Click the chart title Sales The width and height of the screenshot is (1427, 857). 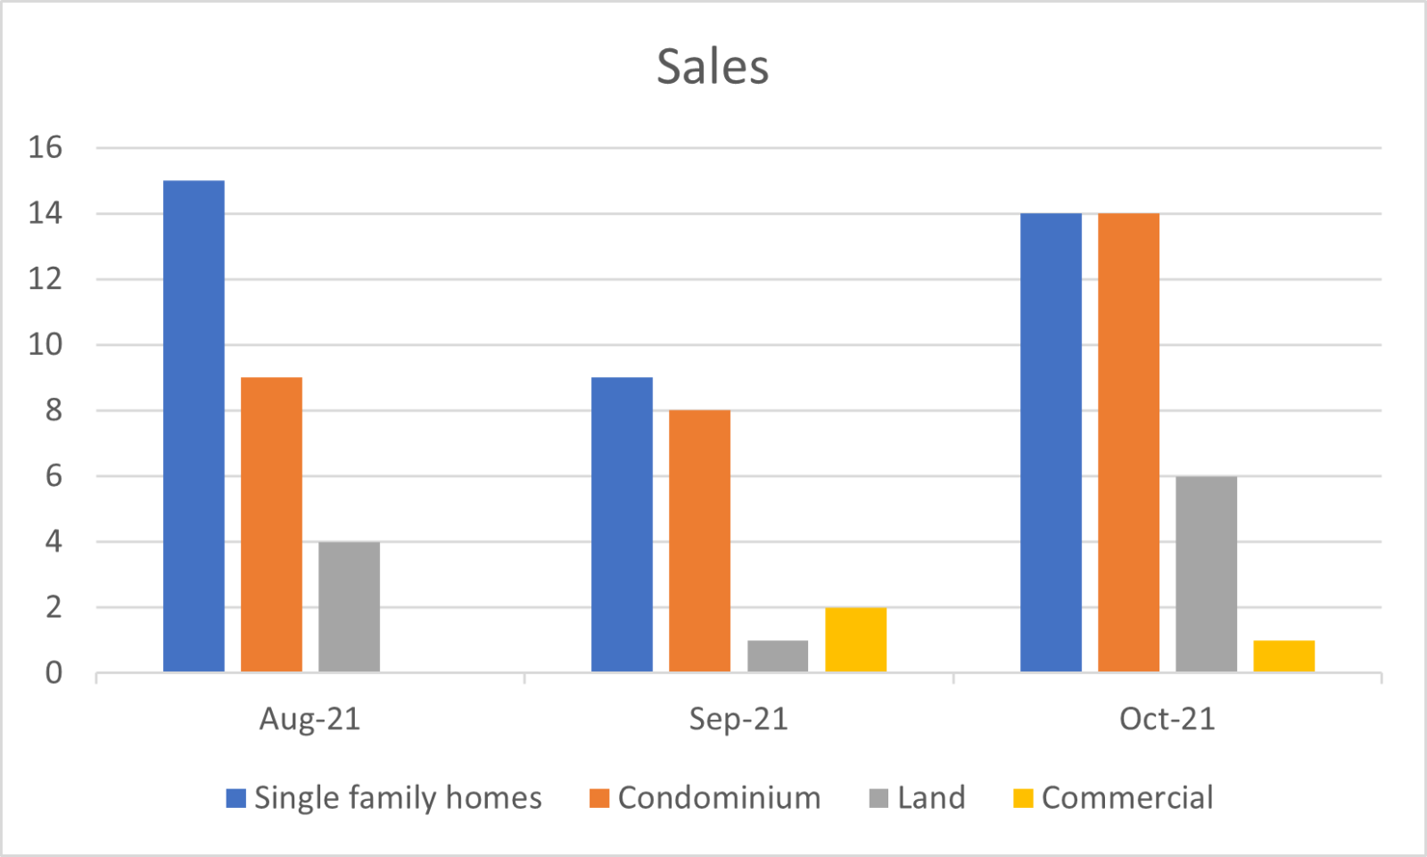713,67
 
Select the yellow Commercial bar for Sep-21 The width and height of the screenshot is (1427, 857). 855,639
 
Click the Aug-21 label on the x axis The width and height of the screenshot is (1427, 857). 309,719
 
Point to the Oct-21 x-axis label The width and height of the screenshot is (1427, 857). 1167,719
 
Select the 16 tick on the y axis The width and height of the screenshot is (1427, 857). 45,148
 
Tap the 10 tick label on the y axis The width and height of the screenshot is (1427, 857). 45,345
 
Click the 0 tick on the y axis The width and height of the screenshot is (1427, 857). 54,673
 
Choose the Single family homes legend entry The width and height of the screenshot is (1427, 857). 397,797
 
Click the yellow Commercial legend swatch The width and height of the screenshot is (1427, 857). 1023,798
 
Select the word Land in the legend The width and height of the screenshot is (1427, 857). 931,797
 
